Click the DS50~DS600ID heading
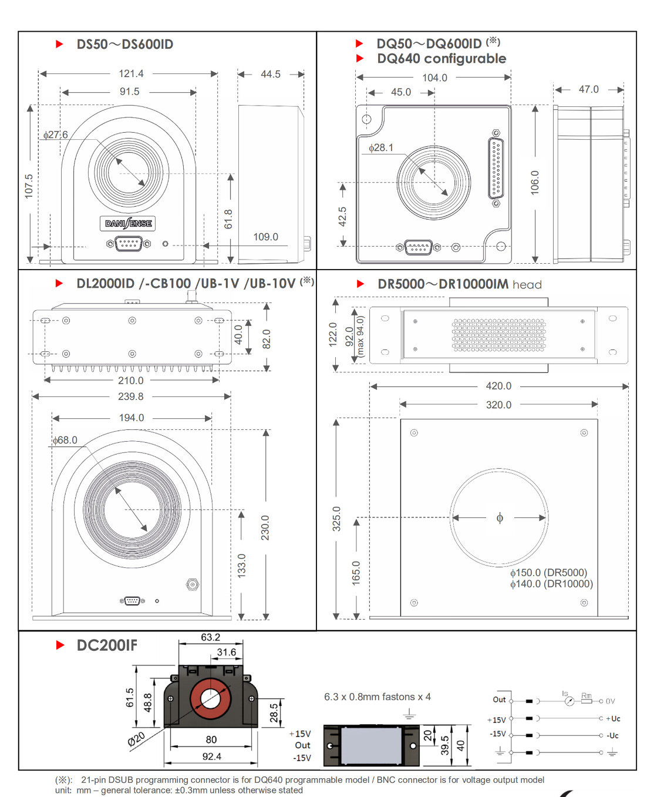(x=124, y=44)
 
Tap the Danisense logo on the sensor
(x=128, y=223)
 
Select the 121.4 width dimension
(x=131, y=73)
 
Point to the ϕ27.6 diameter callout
(x=56, y=134)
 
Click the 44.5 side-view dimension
(x=271, y=74)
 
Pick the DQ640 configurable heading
(x=441, y=59)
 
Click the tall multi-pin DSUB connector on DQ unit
(x=496, y=169)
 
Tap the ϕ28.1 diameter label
(x=381, y=147)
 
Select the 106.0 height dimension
(x=534, y=183)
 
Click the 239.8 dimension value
(x=130, y=396)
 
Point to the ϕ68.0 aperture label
(x=65, y=440)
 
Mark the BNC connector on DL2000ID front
(x=192, y=584)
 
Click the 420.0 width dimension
(x=498, y=386)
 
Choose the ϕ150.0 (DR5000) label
(x=548, y=573)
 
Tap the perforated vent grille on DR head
(x=498, y=335)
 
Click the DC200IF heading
(x=107, y=645)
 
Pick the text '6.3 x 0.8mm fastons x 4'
(x=377, y=697)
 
